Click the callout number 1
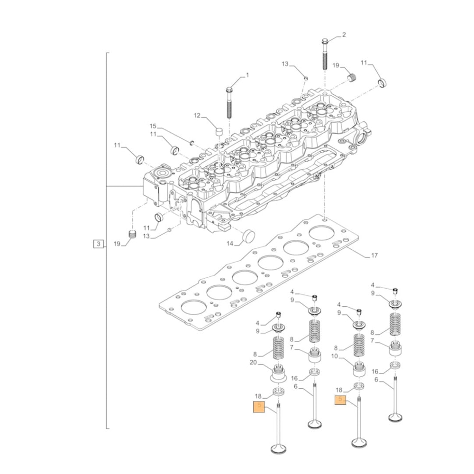(246, 75)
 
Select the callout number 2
(344, 35)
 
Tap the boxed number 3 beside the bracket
(98, 244)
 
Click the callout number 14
(230, 243)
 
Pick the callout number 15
(153, 126)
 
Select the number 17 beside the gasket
(374, 256)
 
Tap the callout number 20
(254, 363)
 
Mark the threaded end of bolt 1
(229, 111)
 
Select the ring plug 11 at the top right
(382, 84)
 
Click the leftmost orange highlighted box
(259, 406)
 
